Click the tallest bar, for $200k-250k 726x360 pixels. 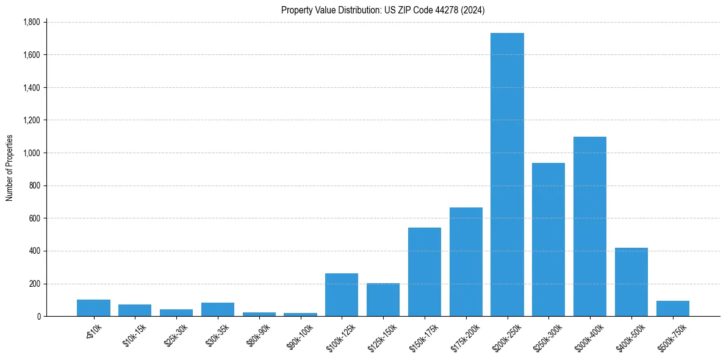pos(507,175)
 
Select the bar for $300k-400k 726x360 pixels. pos(590,226)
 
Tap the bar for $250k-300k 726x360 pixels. pos(548,239)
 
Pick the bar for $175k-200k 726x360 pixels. pos(466,262)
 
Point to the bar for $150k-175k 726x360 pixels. pos(425,272)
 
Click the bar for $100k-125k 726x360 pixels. pos(342,295)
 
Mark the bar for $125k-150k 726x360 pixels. pos(383,300)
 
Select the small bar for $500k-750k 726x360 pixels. pos(673,308)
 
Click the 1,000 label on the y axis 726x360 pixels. pos(31,153)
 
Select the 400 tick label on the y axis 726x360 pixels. pos(35,251)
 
